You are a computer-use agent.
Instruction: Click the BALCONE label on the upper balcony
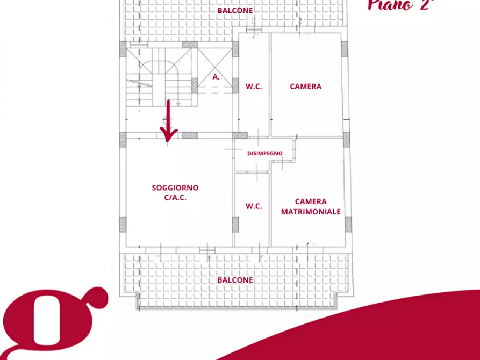235,10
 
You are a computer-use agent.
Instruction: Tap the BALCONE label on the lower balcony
235,280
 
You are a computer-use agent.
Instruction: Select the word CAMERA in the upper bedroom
305,87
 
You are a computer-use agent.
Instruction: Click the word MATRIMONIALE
311,212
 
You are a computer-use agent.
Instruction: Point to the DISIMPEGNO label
265,153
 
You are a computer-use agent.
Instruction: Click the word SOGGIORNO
175,188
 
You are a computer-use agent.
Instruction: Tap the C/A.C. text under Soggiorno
175,197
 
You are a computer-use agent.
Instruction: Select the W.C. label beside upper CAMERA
254,87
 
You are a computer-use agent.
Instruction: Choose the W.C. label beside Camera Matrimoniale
254,206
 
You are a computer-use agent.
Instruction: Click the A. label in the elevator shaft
216,77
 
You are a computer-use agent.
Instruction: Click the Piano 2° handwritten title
401,5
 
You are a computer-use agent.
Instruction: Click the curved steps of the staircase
159,68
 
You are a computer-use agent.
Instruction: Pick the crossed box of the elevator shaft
215,67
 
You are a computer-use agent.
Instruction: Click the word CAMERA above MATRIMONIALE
311,201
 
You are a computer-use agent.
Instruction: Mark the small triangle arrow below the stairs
178,104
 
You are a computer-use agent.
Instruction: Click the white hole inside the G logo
47,320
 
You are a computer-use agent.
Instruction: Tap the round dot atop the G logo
97,298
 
